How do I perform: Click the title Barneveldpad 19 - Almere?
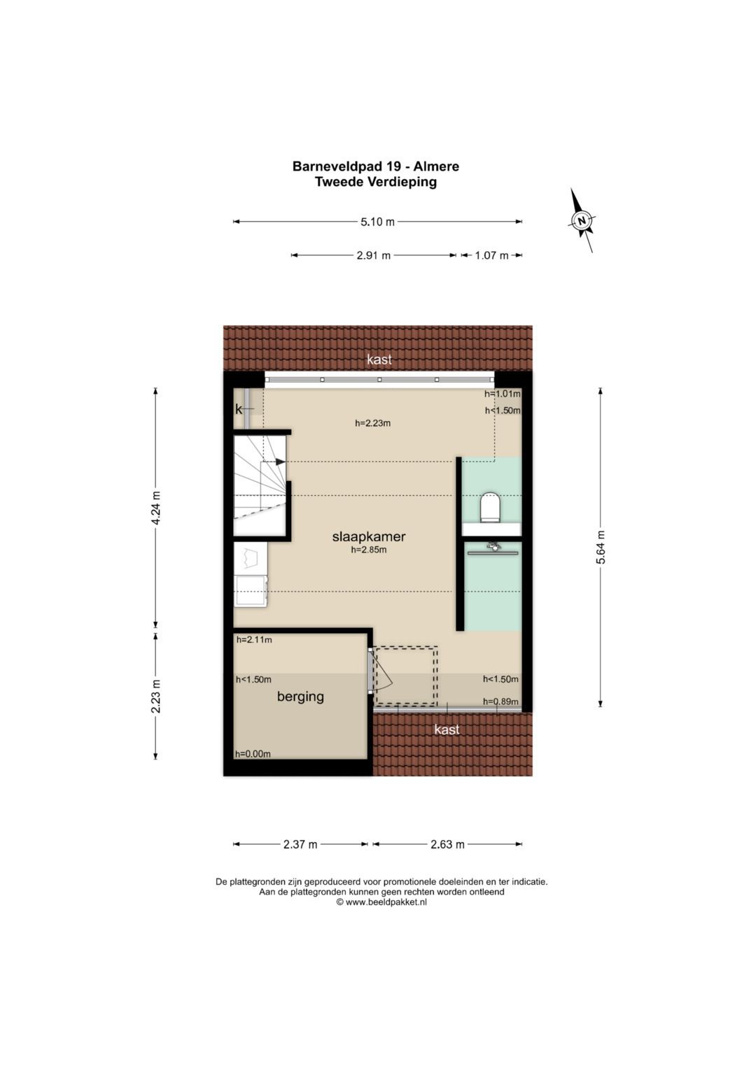[375, 166]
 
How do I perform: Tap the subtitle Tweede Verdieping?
[375, 182]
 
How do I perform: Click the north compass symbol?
[581, 220]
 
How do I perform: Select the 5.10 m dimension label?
[377, 222]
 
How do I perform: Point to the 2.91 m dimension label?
[373, 255]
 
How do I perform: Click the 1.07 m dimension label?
[491, 255]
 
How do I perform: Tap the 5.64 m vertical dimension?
[601, 547]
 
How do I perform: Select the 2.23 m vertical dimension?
[156, 696]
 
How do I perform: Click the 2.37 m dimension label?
[300, 844]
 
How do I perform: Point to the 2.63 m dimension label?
[447, 844]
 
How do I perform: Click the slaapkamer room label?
[369, 537]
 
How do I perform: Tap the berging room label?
[300, 697]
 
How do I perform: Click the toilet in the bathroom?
[491, 506]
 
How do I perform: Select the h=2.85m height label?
[369, 550]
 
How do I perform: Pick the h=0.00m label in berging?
[253, 754]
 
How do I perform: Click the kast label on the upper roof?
[379, 359]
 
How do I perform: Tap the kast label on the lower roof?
[447, 729]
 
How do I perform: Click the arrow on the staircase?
[279, 462]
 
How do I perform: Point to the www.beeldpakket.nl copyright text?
[381, 902]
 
